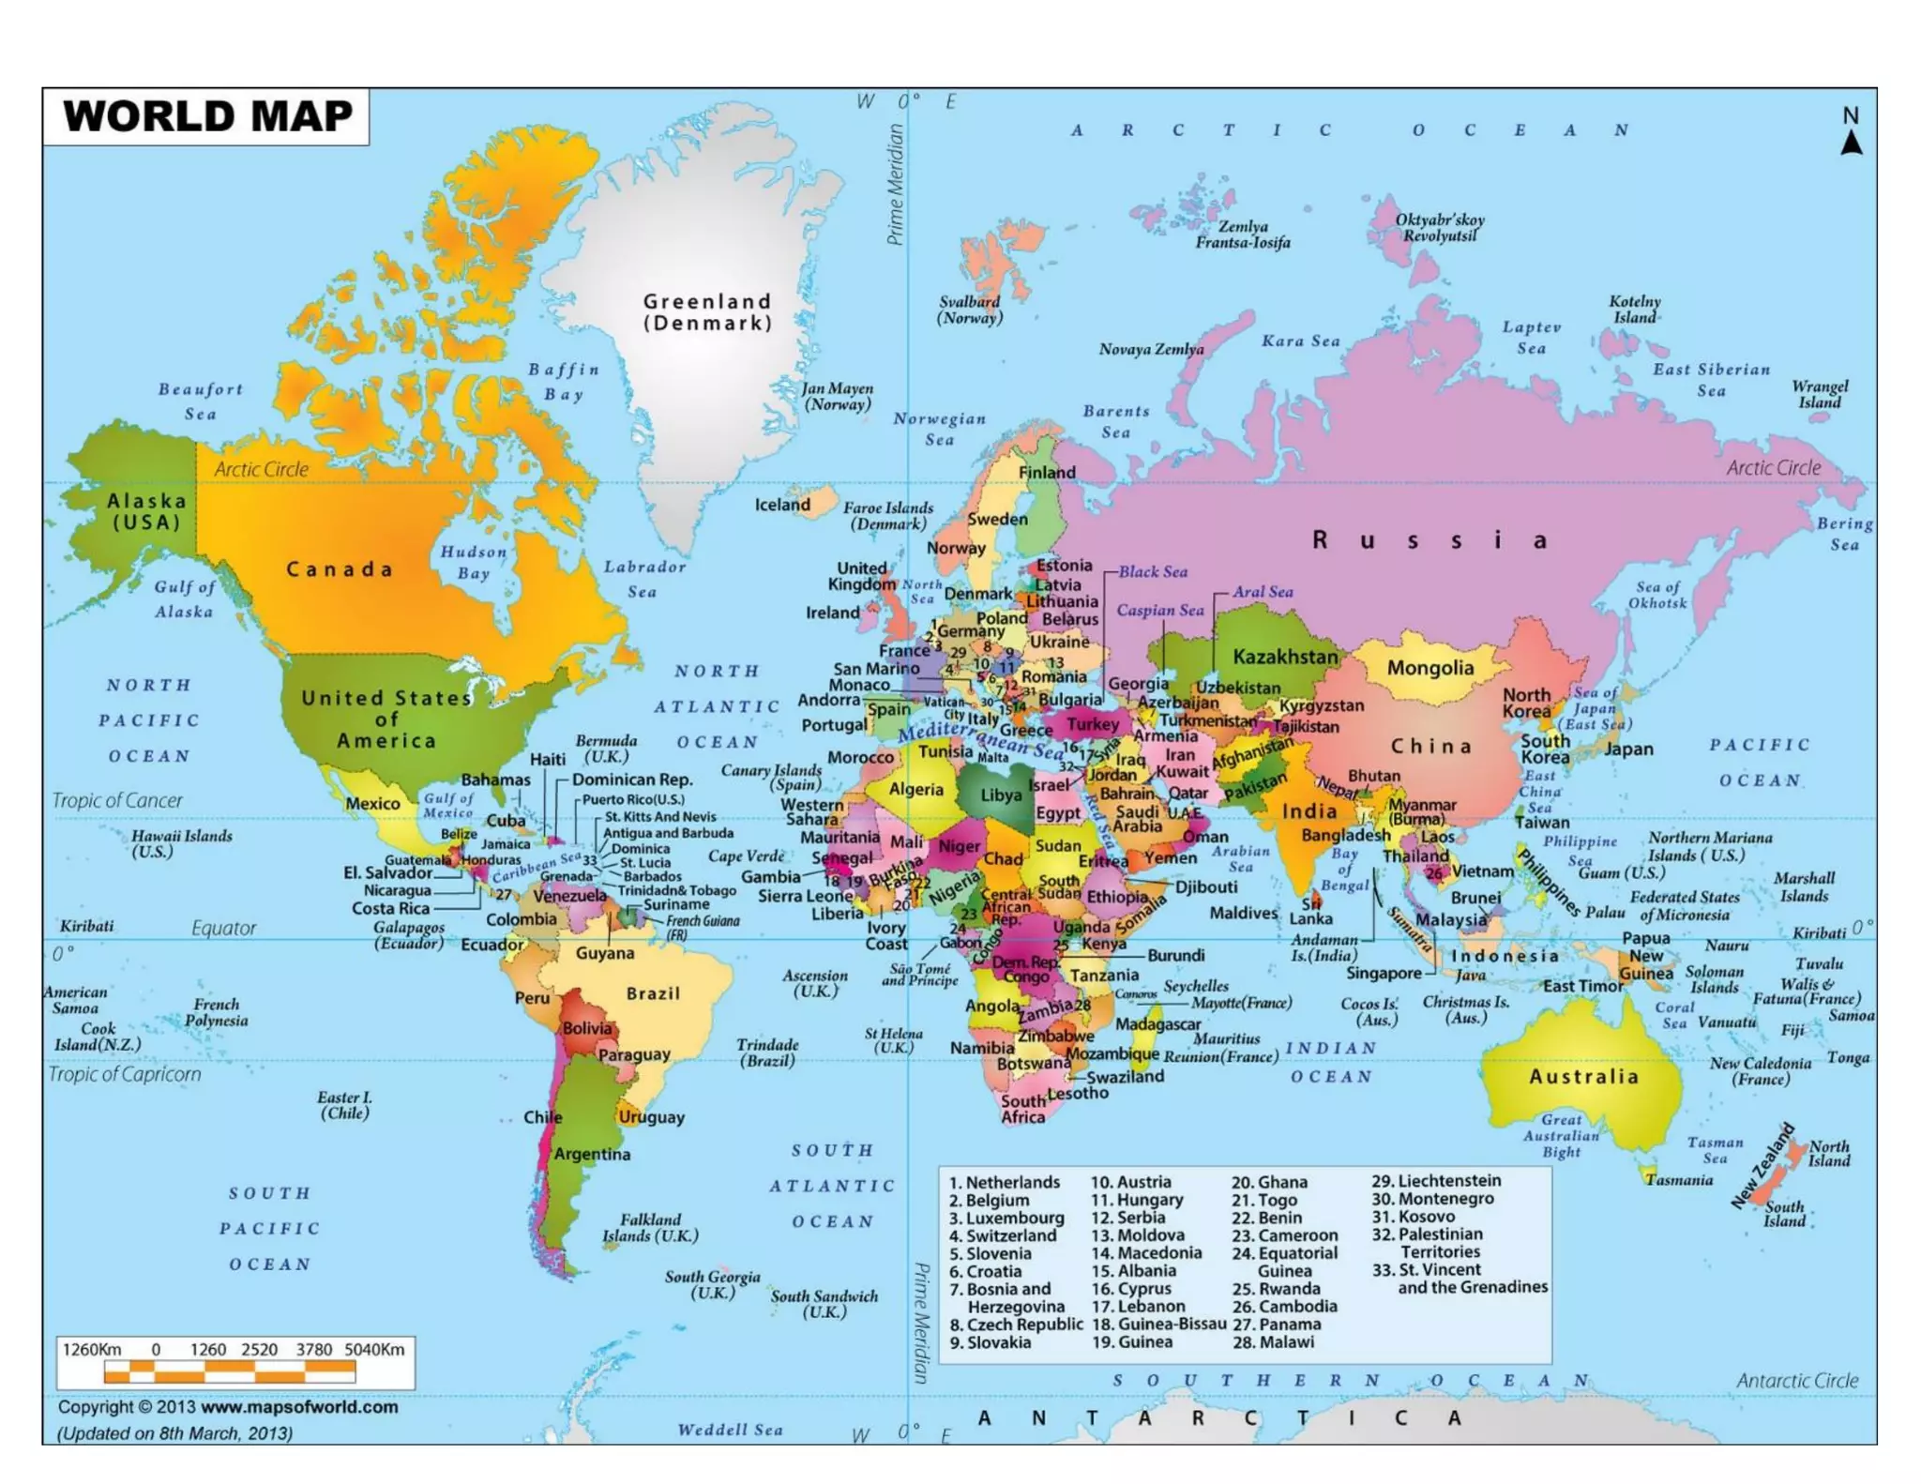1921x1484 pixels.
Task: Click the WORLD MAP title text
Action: pos(207,116)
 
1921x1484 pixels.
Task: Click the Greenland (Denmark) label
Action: pos(707,311)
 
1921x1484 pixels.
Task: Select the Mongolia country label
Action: pos(1429,668)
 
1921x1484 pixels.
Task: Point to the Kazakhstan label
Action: pos(1284,657)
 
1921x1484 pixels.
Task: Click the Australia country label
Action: pos(1583,1076)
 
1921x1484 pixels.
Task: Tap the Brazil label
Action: pos(653,993)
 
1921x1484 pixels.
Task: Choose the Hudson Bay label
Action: pos(474,563)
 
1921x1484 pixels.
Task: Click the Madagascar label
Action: pos(1157,1024)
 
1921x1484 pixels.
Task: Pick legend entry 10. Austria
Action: pos(1130,1182)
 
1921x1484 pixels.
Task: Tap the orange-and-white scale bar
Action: pos(230,1372)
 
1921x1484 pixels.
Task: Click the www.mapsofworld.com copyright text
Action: pos(298,1407)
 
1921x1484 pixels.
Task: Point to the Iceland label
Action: pos(782,505)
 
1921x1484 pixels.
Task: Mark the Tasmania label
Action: pos(1678,1179)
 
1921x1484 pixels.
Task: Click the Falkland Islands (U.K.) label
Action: pos(650,1227)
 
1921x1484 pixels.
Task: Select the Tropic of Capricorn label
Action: pos(125,1074)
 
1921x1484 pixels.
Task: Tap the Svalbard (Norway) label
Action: pos(970,310)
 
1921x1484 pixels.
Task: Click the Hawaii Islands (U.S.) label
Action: pos(181,843)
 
